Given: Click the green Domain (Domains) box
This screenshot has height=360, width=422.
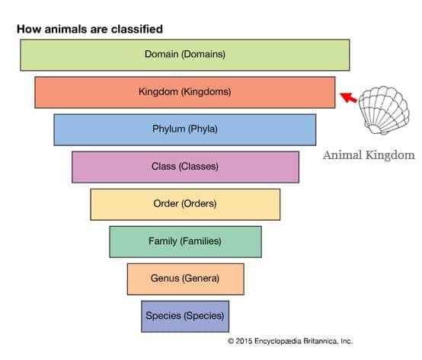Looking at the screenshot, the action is point(185,55).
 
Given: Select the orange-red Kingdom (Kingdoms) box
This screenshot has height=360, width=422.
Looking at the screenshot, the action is point(185,93).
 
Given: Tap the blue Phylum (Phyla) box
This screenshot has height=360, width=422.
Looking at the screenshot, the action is point(185,130).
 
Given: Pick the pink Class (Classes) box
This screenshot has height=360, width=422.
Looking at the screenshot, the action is point(185,167).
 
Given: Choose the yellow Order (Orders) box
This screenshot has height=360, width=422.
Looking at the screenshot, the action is point(185,205).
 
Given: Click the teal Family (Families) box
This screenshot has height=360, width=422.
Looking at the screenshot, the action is point(185,242).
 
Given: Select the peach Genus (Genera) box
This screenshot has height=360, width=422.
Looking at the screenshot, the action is point(185,279).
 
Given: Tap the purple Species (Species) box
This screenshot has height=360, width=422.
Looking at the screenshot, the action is point(185,317).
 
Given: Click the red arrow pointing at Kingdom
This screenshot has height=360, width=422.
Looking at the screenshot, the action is point(349,97).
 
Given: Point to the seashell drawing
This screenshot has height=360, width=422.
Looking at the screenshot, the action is point(384,110).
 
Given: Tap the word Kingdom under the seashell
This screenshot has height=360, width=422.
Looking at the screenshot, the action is point(390,155).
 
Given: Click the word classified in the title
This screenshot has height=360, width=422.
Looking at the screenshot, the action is point(136,29).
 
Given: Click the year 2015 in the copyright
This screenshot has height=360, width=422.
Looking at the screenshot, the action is point(244,341).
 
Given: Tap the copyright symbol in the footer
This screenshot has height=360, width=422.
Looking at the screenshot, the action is point(231,341).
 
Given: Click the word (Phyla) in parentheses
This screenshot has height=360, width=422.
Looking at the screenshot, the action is point(203,129).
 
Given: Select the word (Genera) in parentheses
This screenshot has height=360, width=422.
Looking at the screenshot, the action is point(201,279).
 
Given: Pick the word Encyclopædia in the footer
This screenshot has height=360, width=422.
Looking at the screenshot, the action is point(278,342).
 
